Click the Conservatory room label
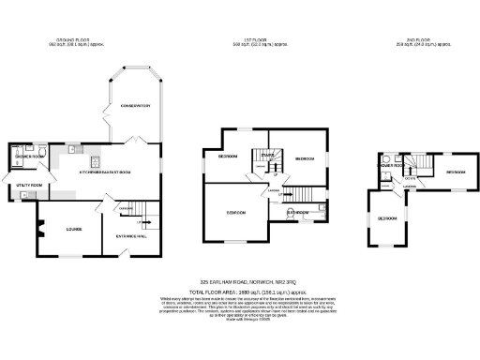(135, 106)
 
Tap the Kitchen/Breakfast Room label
(104, 173)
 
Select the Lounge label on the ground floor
(71, 229)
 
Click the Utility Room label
(30, 186)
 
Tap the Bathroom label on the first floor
(299, 213)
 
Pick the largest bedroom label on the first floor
(237, 213)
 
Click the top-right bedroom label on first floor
(305, 159)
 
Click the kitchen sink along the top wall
(75, 148)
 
